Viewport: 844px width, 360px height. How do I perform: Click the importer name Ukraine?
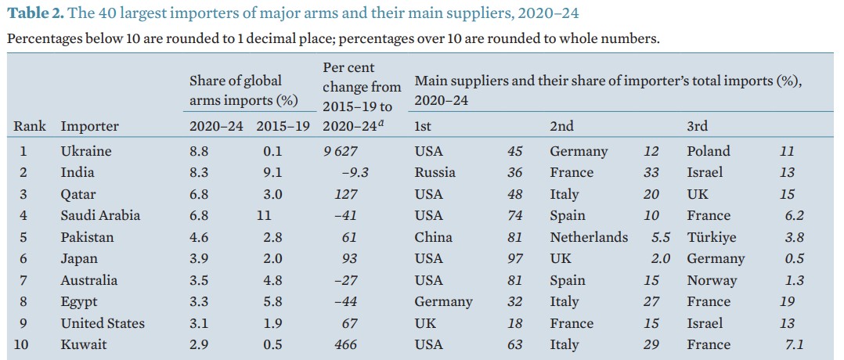tap(86, 151)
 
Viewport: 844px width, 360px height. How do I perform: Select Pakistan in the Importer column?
tap(87, 237)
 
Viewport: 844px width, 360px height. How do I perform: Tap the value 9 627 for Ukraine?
tap(340, 151)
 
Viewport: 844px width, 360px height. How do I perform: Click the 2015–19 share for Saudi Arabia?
tap(265, 215)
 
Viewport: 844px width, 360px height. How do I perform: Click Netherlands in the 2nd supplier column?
tap(589, 237)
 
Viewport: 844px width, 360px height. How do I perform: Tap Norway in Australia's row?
tap(712, 280)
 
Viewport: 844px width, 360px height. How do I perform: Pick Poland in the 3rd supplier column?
tap(709, 151)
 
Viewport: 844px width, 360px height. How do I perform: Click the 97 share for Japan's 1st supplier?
tap(515, 258)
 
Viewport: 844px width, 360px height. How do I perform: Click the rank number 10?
tap(22, 344)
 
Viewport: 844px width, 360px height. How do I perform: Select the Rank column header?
tap(30, 126)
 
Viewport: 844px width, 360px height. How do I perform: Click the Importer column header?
tap(90, 126)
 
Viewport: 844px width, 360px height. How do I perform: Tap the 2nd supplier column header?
tap(561, 126)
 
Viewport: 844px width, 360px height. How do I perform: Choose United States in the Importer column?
tap(103, 323)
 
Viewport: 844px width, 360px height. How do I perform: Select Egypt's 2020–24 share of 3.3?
tap(199, 301)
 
